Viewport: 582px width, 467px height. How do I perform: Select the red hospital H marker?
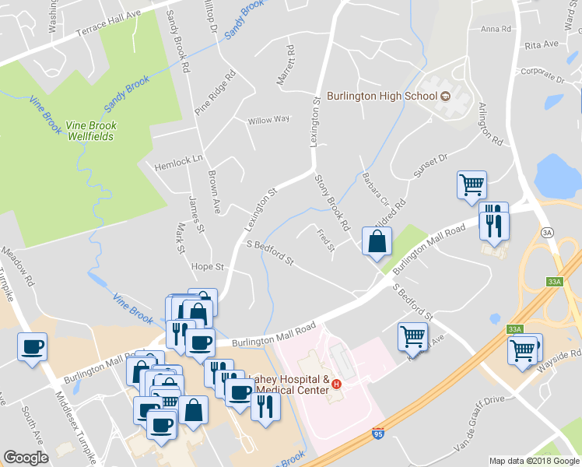337,384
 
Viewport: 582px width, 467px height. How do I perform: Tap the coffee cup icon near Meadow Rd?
32,346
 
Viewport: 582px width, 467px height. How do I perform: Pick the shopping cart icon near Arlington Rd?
472,185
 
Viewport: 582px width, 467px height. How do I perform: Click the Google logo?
26,458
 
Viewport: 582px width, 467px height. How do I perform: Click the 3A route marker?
547,233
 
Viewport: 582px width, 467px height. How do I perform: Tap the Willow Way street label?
268,120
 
